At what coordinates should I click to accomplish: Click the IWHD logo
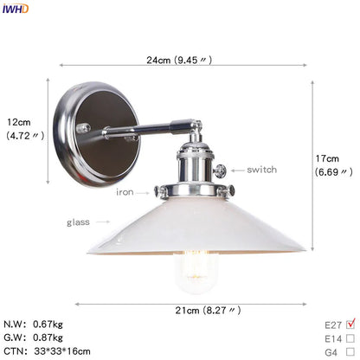point(15,9)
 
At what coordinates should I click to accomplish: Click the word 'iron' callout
point(125,192)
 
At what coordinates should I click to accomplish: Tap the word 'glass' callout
point(78,222)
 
